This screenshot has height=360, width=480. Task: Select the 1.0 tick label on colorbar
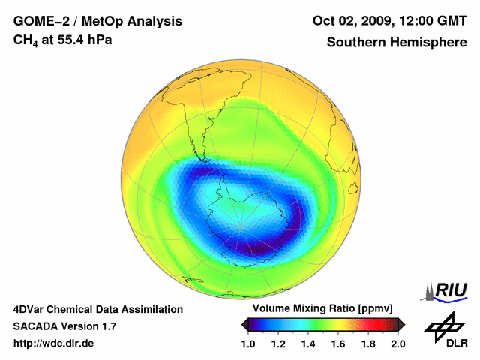point(248,343)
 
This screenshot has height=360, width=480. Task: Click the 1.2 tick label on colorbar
point(278,343)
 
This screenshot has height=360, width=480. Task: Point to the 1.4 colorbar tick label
point(308,343)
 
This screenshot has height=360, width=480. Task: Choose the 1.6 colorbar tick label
point(338,343)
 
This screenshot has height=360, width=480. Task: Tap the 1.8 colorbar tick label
point(368,343)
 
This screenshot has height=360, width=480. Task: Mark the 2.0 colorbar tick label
point(397,343)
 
